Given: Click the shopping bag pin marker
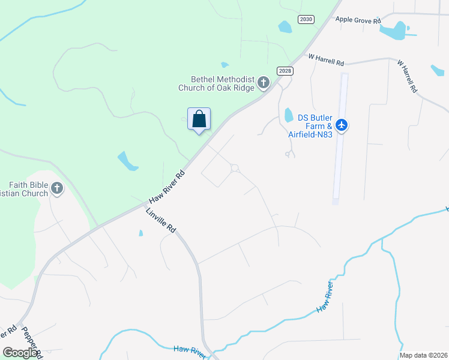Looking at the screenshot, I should tap(199, 119).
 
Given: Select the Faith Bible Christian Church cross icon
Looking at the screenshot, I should tap(57, 189).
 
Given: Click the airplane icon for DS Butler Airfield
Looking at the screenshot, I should tap(342, 125).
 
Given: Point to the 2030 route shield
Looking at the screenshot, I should tap(306, 19).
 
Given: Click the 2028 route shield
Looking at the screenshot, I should tap(285, 71).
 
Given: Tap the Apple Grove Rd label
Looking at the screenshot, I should tap(358, 20).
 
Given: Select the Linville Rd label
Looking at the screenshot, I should tap(160, 221).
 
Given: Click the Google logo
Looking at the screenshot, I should tap(20, 353).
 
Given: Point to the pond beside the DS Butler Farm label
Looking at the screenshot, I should tap(288, 114).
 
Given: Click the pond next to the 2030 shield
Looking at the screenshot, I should tap(285, 26).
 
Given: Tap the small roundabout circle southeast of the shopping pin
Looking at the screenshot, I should tap(235, 169).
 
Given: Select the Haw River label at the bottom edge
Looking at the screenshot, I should tap(189, 350).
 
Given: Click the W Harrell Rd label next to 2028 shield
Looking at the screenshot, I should tap(327, 60).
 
